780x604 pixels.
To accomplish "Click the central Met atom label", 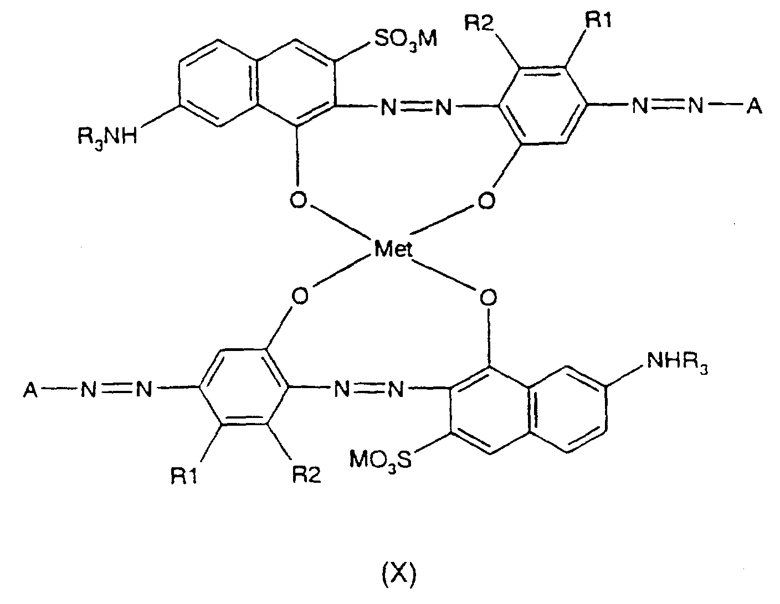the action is click(x=393, y=248).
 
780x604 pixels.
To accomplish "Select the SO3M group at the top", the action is click(x=406, y=39).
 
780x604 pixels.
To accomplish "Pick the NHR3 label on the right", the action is click(x=677, y=362).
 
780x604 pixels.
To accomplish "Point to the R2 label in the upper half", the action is click(x=480, y=23).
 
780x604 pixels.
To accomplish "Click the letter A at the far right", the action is click(x=754, y=106).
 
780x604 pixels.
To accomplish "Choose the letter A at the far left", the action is click(x=31, y=390).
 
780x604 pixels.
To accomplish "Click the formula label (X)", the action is click(x=399, y=574).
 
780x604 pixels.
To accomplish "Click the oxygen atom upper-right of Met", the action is click(x=486, y=200).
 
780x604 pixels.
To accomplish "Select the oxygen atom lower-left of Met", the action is click(x=300, y=297).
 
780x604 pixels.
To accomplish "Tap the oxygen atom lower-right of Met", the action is click(x=488, y=297).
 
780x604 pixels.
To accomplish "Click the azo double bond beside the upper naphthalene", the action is click(x=416, y=106).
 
